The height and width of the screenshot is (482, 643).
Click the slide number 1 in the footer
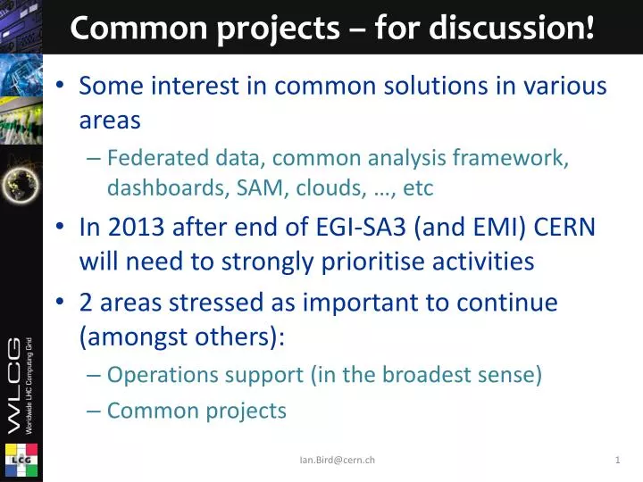[x=617, y=460]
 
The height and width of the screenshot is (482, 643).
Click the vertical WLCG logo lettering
[x=20, y=384]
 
